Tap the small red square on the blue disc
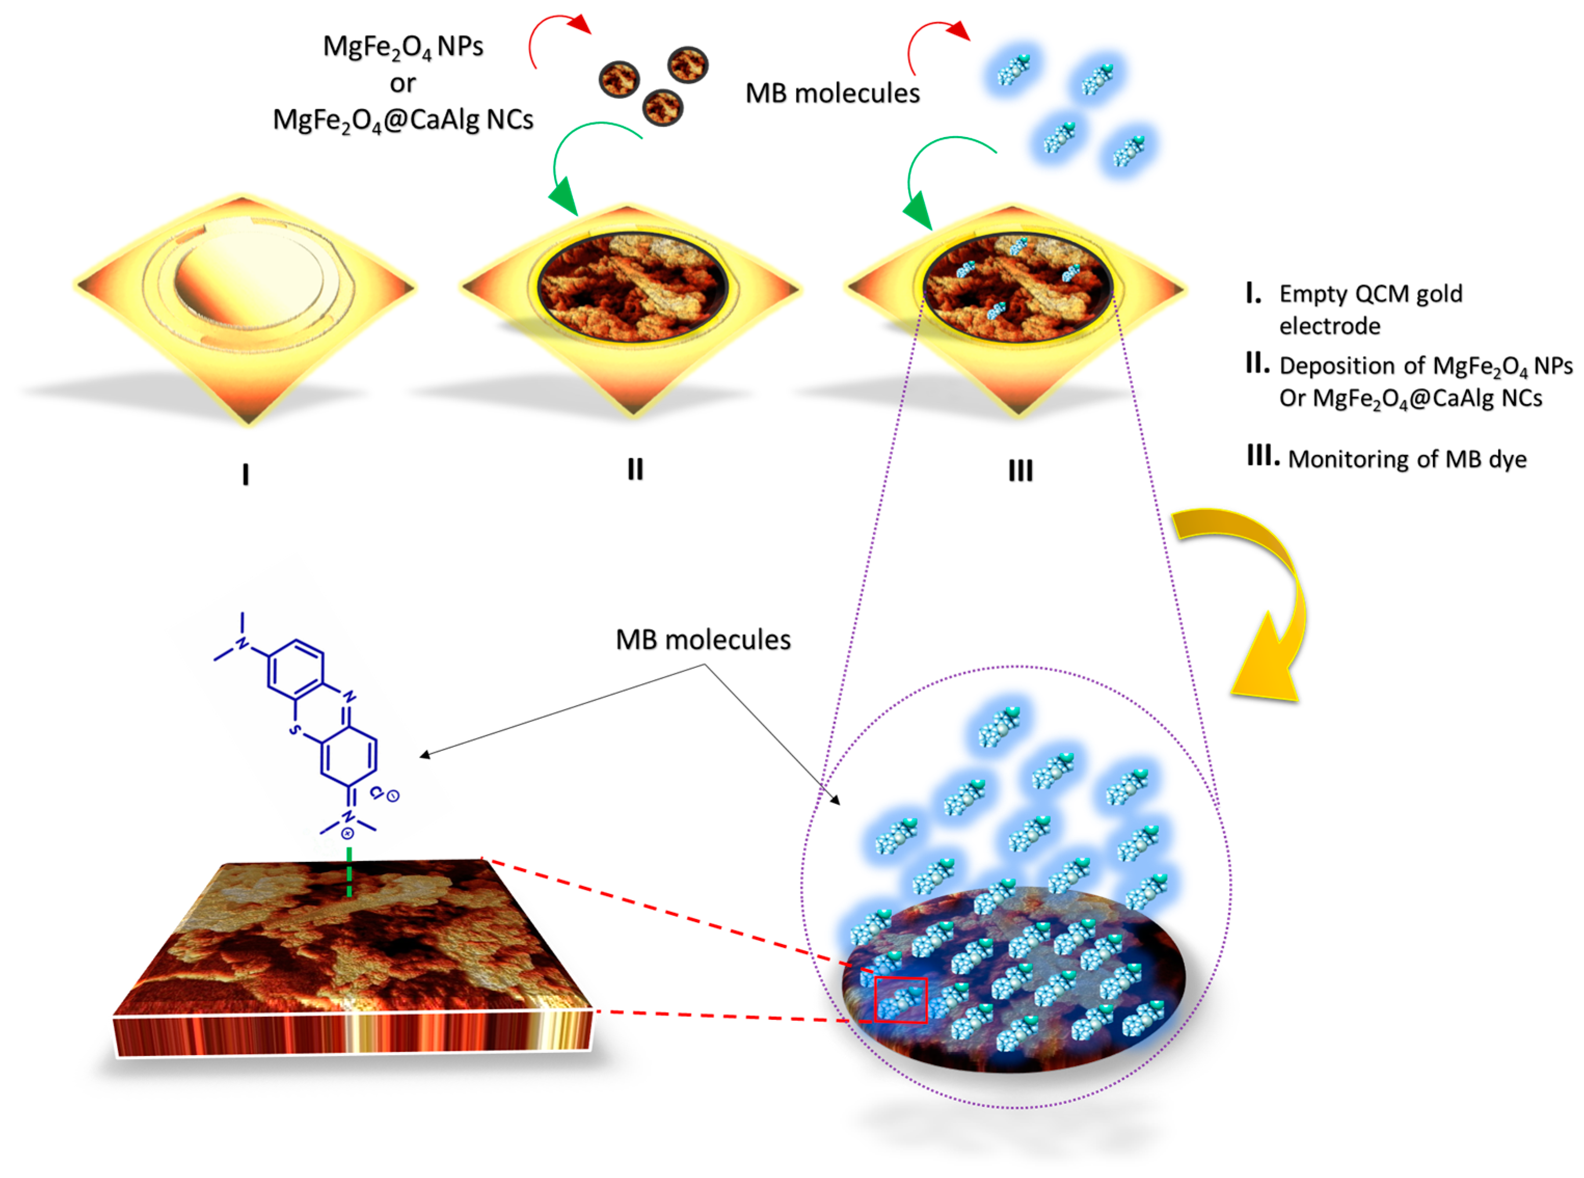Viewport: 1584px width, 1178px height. (901, 999)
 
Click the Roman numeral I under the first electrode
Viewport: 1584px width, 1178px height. (246, 474)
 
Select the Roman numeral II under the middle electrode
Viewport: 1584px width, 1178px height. (635, 469)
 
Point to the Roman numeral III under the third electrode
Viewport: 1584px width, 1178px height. (1020, 471)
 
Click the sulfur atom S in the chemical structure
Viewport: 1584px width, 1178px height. (293, 730)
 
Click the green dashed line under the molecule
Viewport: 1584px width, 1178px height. (349, 871)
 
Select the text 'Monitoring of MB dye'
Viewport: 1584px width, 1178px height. (1406, 459)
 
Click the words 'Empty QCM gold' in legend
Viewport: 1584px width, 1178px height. (1370, 294)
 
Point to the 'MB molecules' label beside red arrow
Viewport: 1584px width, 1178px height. (832, 93)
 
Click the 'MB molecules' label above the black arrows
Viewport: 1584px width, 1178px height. (702, 640)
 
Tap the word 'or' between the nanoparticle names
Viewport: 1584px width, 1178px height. (402, 84)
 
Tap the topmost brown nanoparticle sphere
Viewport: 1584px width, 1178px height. (687, 64)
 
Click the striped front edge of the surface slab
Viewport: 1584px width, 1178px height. (353, 1034)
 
